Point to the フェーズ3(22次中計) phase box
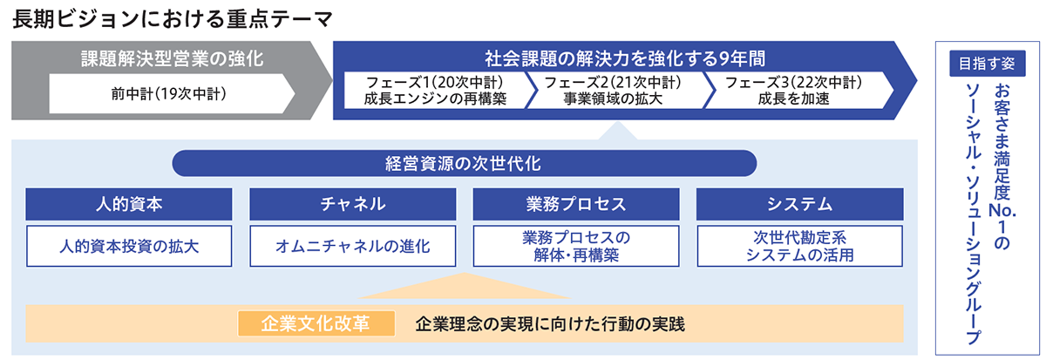793,91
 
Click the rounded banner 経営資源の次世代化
464,163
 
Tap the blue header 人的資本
129,204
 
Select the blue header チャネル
352,204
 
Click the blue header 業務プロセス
575,204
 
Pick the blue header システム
799,204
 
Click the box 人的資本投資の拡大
129,246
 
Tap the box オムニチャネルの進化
352,246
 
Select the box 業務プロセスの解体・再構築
575,246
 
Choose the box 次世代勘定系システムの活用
799,246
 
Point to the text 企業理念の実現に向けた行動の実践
550,323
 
